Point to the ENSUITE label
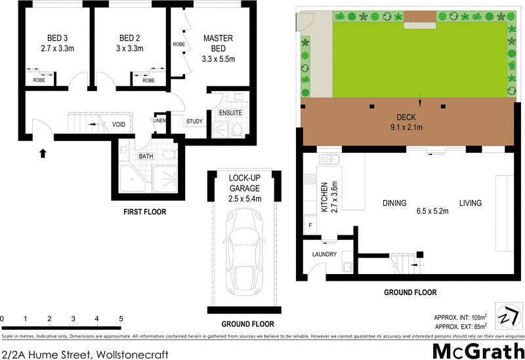(x=230, y=112)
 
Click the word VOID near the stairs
(x=119, y=123)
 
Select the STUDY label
(x=194, y=121)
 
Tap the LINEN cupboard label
(x=159, y=121)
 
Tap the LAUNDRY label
(x=325, y=254)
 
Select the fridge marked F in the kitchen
(x=310, y=226)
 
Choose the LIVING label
(x=470, y=203)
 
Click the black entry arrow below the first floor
(x=43, y=153)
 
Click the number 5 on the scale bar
(x=121, y=319)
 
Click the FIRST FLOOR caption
(x=145, y=212)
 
